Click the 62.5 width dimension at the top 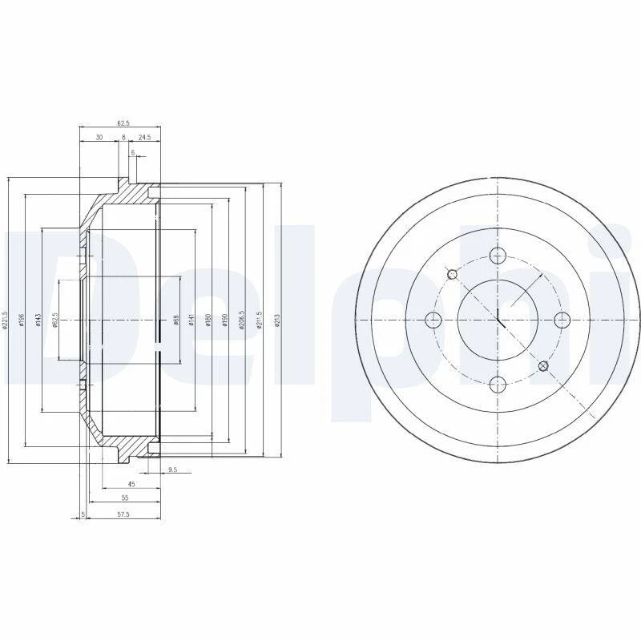pyautogui.click(x=123, y=123)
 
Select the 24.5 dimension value pyautogui.click(x=144, y=138)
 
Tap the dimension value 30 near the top pyautogui.click(x=99, y=138)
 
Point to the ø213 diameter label pyautogui.click(x=277, y=320)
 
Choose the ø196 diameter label pyautogui.click(x=22, y=320)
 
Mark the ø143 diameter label pyautogui.click(x=37, y=320)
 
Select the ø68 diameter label pyautogui.click(x=175, y=320)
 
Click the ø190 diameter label pyautogui.click(x=225, y=320)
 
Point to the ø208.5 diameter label pyautogui.click(x=241, y=320)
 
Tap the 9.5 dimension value pyautogui.click(x=172, y=470)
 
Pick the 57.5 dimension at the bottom pyautogui.click(x=123, y=513)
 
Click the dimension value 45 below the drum pyautogui.click(x=131, y=484)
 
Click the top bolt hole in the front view pyautogui.click(x=498, y=256)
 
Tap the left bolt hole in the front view pyautogui.click(x=433, y=320)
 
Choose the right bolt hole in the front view pyautogui.click(x=562, y=320)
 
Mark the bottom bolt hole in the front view pyautogui.click(x=498, y=385)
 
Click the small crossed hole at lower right pyautogui.click(x=544, y=366)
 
